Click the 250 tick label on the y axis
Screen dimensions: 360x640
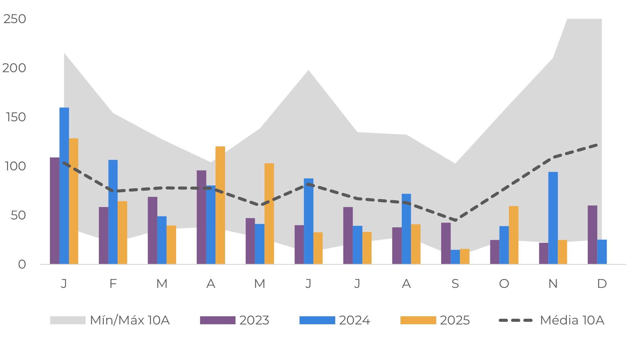pyautogui.click(x=15, y=19)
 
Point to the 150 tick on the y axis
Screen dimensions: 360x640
pyautogui.click(x=16, y=117)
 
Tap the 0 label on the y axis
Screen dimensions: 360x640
pyautogui.click(x=22, y=264)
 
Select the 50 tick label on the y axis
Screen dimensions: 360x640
pyautogui.click(x=18, y=215)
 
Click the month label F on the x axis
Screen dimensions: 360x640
pyautogui.click(x=113, y=283)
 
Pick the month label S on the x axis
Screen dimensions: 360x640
pyautogui.click(x=455, y=283)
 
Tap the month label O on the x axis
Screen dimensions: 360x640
pyautogui.click(x=504, y=283)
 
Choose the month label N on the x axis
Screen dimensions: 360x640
pyautogui.click(x=553, y=283)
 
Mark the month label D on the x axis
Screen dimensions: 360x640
pyautogui.click(x=602, y=283)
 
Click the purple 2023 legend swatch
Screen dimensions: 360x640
pyautogui.click(x=218, y=320)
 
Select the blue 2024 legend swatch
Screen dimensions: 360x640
pyautogui.click(x=317, y=320)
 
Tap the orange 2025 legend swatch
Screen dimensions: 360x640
pyautogui.click(x=418, y=320)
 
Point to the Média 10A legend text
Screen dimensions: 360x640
pyautogui.click(x=572, y=320)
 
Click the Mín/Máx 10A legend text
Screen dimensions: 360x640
pyautogui.click(x=130, y=320)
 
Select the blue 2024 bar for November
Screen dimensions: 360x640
pyautogui.click(x=553, y=218)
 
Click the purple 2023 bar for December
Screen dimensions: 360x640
pyautogui.click(x=592, y=235)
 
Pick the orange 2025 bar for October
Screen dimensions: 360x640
pyautogui.click(x=513, y=235)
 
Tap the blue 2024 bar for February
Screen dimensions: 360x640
pyautogui.click(x=113, y=212)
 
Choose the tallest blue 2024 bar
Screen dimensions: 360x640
pyautogui.click(x=64, y=186)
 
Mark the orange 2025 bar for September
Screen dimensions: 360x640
pyautogui.click(x=465, y=257)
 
